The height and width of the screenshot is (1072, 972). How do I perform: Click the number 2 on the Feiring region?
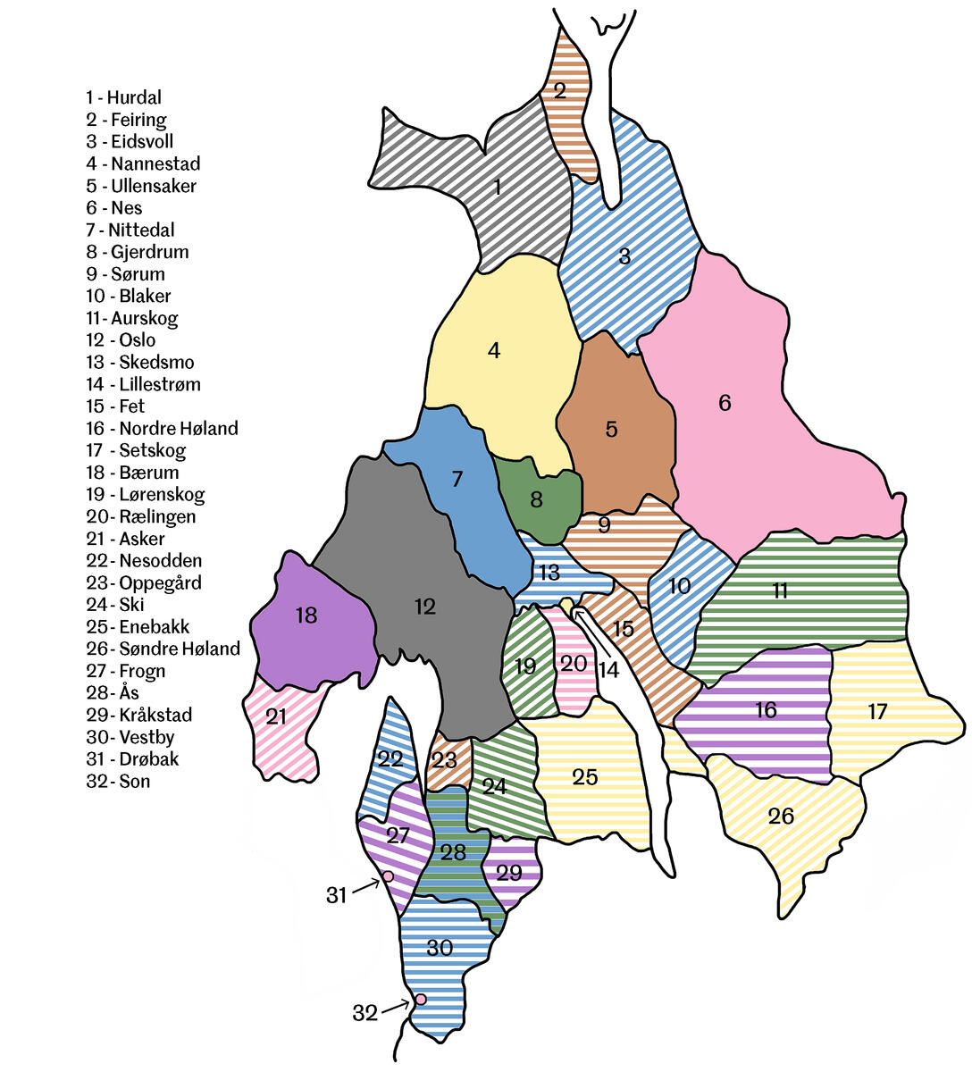coord(560,89)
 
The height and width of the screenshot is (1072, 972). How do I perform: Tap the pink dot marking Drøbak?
coord(388,876)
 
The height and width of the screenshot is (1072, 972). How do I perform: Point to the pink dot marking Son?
coord(420,999)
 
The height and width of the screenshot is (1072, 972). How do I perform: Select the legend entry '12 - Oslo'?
coord(121,340)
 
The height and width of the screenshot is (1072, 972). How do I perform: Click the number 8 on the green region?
coord(536,499)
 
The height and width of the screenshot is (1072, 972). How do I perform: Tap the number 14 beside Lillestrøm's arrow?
coord(608,668)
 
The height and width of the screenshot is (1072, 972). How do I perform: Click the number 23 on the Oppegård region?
coord(444,760)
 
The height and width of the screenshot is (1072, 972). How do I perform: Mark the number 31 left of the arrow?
coord(336,894)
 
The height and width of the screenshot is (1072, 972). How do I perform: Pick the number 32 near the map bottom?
coord(365,1013)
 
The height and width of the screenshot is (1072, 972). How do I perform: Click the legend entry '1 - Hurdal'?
coord(123,97)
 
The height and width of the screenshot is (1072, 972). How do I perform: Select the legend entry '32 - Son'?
coord(118,782)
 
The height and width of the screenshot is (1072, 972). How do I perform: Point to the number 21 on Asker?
coord(276,716)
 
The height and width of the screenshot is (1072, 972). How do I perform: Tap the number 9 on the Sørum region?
coord(604,524)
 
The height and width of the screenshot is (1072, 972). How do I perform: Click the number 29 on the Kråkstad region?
coord(508,872)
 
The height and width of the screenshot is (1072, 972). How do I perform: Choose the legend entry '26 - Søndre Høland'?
coord(163,649)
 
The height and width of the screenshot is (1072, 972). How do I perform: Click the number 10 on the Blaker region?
coord(679,586)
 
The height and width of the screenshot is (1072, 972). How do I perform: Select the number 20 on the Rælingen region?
coord(574,663)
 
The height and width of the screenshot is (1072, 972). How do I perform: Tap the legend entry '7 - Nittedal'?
coord(130,230)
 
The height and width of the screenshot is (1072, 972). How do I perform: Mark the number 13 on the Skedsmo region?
coord(549,572)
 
